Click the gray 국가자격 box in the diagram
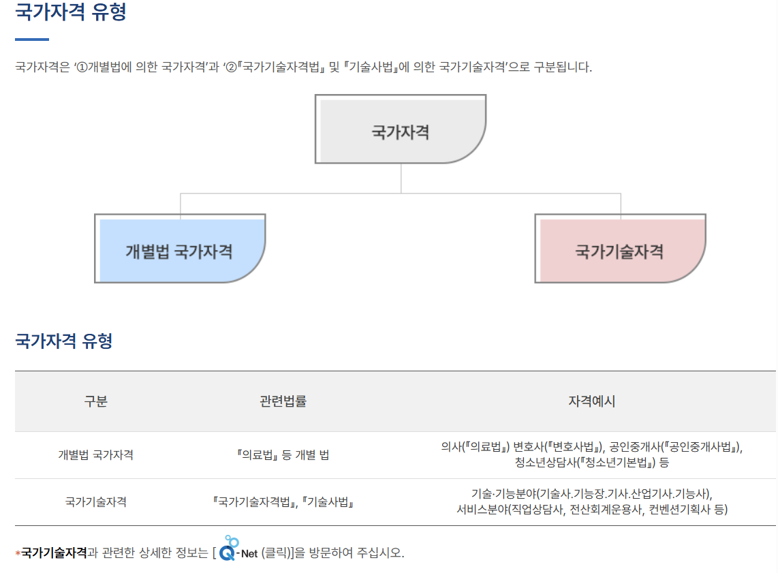[x=401, y=131]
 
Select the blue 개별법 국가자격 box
[x=179, y=251]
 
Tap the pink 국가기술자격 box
[x=619, y=251]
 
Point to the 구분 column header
[x=95, y=401]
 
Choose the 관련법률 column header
[x=283, y=401]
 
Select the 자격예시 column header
[x=591, y=401]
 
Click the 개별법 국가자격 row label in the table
[x=95, y=454]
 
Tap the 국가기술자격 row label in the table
[x=95, y=502]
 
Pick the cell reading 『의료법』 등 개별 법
[x=283, y=454]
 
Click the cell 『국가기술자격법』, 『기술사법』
[x=283, y=502]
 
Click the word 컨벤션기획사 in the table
[x=679, y=510]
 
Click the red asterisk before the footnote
[x=18, y=553]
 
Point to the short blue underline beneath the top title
[x=32, y=40]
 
